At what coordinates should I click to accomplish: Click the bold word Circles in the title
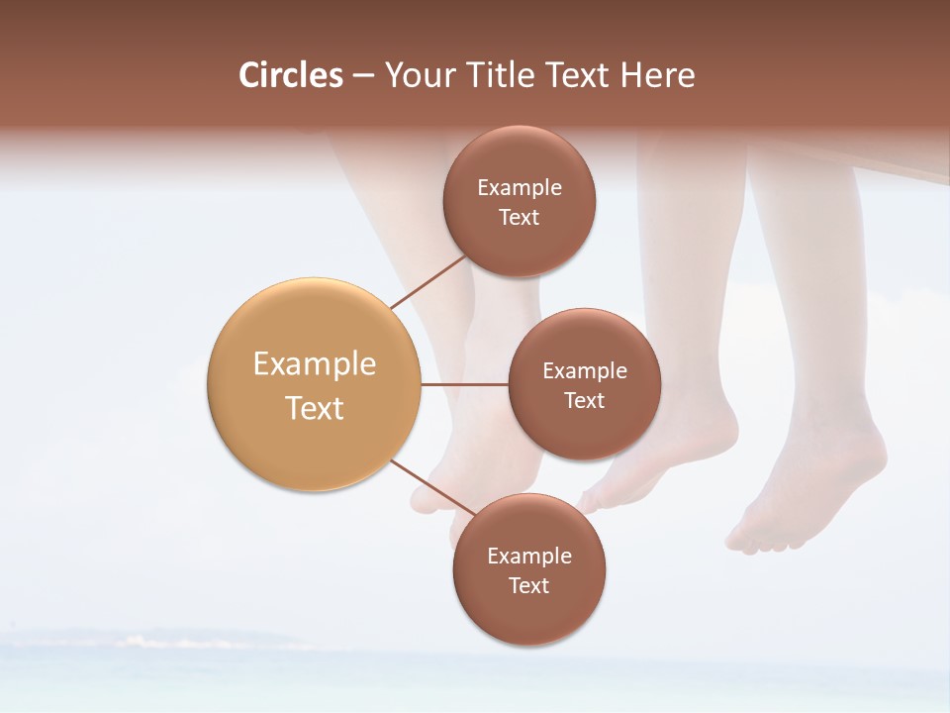coord(291,75)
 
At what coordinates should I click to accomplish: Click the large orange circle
coord(315,384)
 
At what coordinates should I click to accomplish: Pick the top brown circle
coord(520,201)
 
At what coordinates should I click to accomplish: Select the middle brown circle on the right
coord(585,384)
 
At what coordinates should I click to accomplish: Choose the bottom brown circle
coord(528,569)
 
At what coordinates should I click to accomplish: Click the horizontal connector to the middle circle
coord(465,384)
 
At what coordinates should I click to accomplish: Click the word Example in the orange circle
coord(315,364)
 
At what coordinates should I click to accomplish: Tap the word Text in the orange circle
coord(315,408)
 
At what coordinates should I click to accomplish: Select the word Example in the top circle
coord(520,187)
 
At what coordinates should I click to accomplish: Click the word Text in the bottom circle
coord(528,585)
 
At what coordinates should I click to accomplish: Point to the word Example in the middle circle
coord(585,370)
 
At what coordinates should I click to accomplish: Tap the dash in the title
coord(362,75)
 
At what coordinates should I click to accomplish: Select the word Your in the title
coord(418,75)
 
